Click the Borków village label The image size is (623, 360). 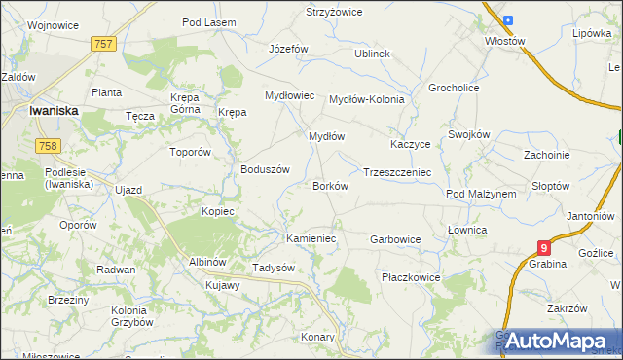click(330, 185)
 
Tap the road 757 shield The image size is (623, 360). click(104, 44)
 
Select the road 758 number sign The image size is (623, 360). click(46, 145)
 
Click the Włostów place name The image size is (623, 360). click(505, 41)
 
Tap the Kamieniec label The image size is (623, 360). click(311, 237)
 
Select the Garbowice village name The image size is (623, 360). click(395, 238)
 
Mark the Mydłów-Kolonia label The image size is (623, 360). click(366, 99)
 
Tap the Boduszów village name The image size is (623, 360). click(266, 168)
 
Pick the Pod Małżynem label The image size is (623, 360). click(481, 194)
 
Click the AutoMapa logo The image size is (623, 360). click(555, 340)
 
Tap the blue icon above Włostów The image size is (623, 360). click(506, 19)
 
